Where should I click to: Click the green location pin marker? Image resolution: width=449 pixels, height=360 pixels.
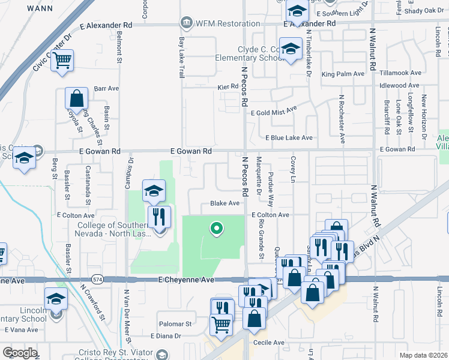[x=217, y=228]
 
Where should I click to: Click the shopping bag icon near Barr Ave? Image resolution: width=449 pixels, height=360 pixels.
[x=77, y=98]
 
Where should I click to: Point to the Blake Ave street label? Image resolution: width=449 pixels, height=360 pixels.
[x=225, y=203]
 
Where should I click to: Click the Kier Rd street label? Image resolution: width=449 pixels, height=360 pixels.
[x=228, y=87]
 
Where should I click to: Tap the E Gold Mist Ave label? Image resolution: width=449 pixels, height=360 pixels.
[x=274, y=112]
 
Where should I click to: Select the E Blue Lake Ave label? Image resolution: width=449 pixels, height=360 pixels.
[x=289, y=137]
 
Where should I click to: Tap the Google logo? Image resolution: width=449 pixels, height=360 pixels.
[x=20, y=352]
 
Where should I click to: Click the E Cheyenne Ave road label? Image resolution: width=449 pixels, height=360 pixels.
[x=186, y=280]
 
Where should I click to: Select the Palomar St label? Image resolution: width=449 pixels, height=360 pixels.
[x=175, y=323]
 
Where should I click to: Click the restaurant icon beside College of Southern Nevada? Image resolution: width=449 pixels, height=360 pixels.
[x=159, y=217]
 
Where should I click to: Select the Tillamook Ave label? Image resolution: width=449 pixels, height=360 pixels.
[x=401, y=73]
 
